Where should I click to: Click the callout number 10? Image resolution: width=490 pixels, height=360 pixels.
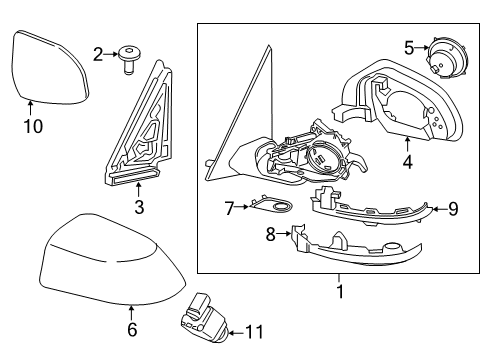tap(32, 126)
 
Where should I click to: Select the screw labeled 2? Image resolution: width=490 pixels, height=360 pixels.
tap(127, 59)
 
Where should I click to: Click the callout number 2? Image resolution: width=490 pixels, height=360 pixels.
tap(97, 54)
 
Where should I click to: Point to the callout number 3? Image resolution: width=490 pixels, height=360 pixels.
tap(139, 207)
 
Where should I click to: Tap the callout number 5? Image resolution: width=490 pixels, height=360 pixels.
tap(408, 47)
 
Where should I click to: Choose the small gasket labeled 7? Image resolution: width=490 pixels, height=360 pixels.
tap(275, 208)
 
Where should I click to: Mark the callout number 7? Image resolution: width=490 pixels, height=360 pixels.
tap(228, 208)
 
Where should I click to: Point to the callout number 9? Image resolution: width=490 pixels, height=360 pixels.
tap(452, 209)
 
